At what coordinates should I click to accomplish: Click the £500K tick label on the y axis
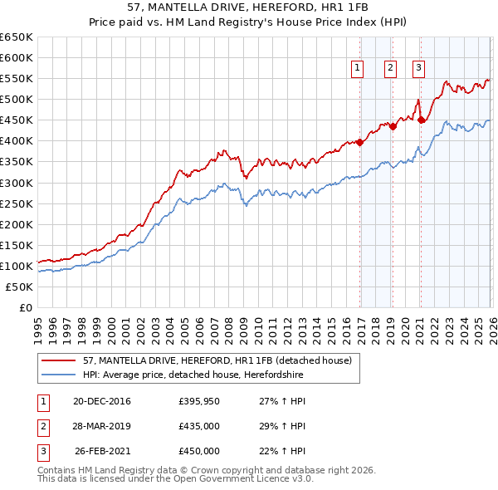[x=17, y=100]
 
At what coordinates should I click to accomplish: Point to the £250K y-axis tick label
[x=17, y=203]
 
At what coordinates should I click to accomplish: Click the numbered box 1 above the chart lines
[x=358, y=69]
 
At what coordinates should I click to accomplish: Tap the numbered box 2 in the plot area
[x=389, y=69]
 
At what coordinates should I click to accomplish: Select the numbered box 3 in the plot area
[x=419, y=69]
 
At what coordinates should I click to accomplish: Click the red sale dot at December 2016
[x=359, y=142]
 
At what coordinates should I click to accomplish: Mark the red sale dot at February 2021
[x=421, y=120]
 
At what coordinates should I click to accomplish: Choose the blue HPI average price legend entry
[x=193, y=375]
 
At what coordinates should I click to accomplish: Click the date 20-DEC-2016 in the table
[x=102, y=401]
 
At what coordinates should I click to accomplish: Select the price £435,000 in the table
[x=199, y=426]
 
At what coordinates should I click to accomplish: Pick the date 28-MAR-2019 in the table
[x=102, y=426]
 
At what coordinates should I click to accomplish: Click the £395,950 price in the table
[x=199, y=401]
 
